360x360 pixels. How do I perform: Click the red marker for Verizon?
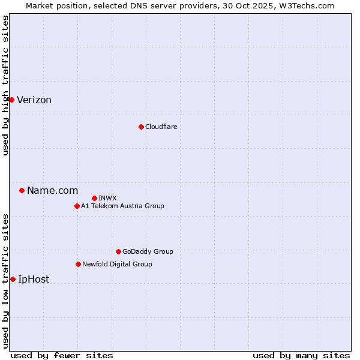[11, 100]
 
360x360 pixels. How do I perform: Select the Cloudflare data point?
[141, 127]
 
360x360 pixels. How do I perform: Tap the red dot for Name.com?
[22, 190]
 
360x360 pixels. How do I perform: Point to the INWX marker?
[94, 198]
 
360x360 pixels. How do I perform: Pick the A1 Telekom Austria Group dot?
[77, 206]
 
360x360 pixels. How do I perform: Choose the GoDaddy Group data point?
[118, 251]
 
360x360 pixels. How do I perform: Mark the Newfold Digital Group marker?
[78, 264]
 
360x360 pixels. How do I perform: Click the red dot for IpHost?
[13, 279]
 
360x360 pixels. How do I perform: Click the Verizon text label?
[34, 100]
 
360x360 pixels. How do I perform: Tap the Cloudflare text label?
[161, 127]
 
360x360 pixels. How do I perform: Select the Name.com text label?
[52, 191]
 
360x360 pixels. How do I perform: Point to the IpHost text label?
[34, 280]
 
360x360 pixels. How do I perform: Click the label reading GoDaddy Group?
[147, 252]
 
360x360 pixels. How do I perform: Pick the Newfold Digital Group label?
[117, 264]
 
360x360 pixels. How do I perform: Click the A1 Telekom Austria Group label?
[122, 206]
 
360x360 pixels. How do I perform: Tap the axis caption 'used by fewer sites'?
[62, 355]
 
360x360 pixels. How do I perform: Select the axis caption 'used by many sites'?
[301, 355]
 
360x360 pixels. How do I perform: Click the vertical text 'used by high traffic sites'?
[5, 85]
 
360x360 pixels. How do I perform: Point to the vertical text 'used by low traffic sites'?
[5, 281]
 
